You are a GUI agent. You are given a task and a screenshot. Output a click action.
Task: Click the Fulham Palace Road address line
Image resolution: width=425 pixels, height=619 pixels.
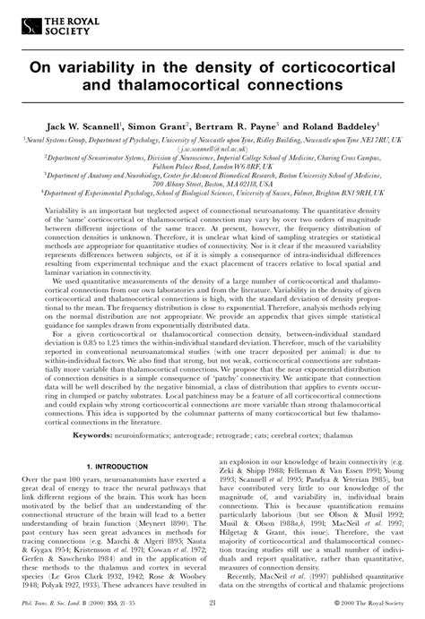pyautogui.click(x=212, y=166)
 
